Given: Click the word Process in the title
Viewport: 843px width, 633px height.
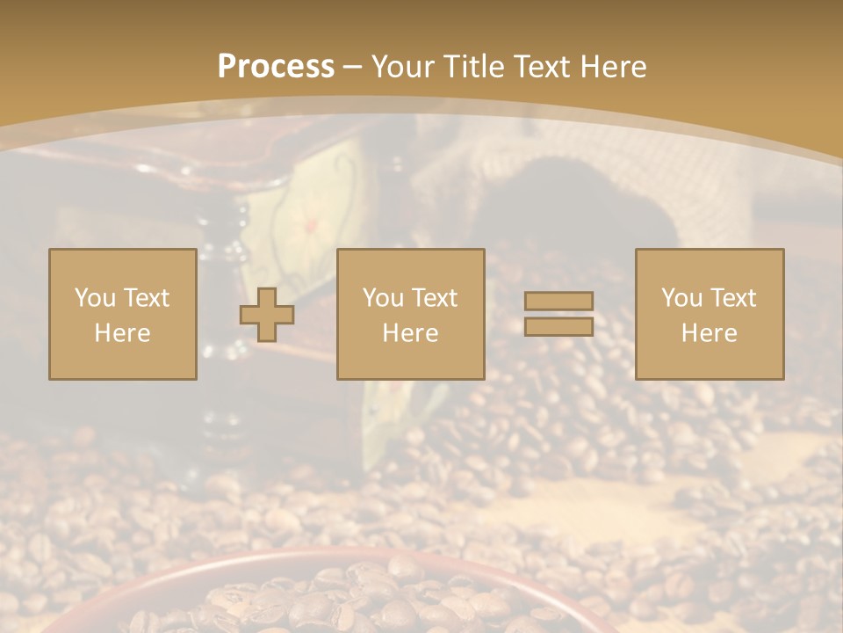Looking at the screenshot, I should click(276, 67).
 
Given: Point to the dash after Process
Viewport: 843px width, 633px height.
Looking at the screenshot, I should click(353, 67).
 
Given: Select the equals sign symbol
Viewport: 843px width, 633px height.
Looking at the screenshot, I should click(558, 314).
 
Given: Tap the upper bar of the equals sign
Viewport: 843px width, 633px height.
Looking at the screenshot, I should click(558, 302).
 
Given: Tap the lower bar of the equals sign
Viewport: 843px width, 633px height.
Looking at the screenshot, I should click(558, 327).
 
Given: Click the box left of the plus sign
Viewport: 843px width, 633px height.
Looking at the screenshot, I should click(123, 314).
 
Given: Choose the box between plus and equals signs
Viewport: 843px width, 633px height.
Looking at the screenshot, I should click(410, 314).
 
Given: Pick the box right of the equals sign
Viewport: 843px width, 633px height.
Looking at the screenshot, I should click(709, 314).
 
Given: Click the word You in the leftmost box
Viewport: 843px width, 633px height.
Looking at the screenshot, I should click(95, 298).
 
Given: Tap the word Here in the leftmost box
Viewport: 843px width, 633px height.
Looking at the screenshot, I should click(122, 333).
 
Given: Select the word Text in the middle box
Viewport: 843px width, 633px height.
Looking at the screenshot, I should click(434, 298).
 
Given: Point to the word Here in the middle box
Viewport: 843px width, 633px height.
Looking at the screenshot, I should click(410, 333).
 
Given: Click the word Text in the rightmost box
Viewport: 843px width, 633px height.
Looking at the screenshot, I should click(732, 298).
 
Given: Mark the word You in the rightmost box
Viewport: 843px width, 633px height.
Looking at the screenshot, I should click(681, 298).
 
